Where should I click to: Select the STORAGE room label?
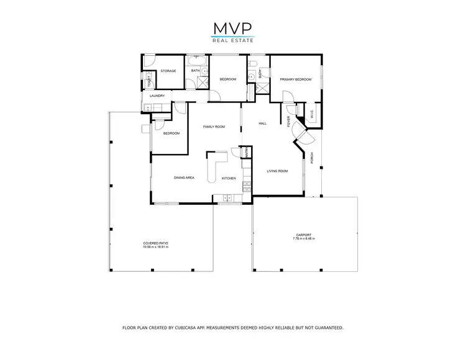coord(168,71)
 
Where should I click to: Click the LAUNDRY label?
coord(157,96)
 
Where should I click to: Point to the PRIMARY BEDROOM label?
coord(295,79)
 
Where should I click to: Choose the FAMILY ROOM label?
coord(214,127)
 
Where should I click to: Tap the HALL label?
coord(263,124)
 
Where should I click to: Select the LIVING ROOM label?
coord(277,171)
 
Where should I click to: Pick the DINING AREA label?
coord(185,178)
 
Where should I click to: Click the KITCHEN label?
coord(229,179)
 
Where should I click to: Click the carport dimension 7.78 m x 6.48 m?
coord(305,238)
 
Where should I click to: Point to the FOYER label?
coord(289,122)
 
